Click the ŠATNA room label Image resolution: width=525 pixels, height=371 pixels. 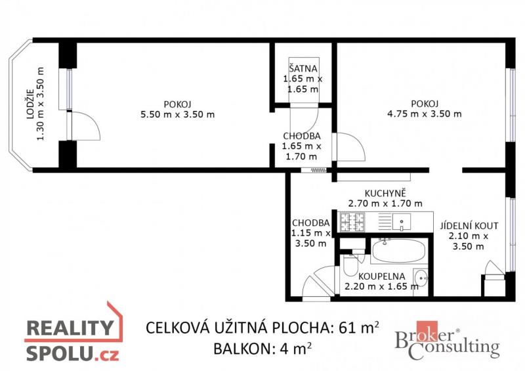coord(303,68)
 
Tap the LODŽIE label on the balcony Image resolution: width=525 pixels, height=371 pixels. coord(30,104)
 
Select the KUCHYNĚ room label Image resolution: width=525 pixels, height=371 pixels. coord(385,193)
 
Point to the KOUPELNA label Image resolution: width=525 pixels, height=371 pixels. coord(382,276)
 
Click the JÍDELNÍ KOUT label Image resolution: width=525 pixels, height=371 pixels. coord(469,225)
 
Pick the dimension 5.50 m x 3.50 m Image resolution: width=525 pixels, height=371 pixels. coord(177,115)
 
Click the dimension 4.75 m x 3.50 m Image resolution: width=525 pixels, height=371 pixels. coord(424,114)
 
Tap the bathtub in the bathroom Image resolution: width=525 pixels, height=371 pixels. coord(398,250)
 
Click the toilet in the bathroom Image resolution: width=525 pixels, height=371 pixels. coord(350,265)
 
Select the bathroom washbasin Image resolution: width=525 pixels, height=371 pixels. coord(421,278)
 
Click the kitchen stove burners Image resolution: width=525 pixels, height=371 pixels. coord(352,222)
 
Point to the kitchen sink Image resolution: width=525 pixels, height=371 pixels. coord(402,222)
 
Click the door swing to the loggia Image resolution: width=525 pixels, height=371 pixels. coord(86,125)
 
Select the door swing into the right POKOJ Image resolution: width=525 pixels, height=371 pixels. coord(351,147)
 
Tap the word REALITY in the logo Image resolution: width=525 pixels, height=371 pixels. coord(70,328)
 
